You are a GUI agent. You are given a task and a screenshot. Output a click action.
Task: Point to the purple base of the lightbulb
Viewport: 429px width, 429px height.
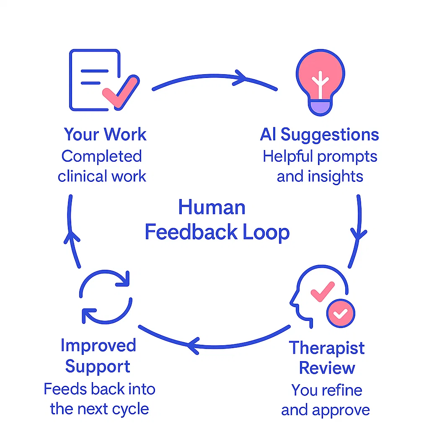(x=320, y=109)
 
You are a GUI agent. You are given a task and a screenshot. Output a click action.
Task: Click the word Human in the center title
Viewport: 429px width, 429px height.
(x=212, y=207)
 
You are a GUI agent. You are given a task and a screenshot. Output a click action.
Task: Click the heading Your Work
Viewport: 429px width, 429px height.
(x=105, y=134)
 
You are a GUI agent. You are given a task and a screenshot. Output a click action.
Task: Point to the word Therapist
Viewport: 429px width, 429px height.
(x=326, y=348)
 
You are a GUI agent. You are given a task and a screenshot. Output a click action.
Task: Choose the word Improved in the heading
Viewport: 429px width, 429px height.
(x=98, y=346)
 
